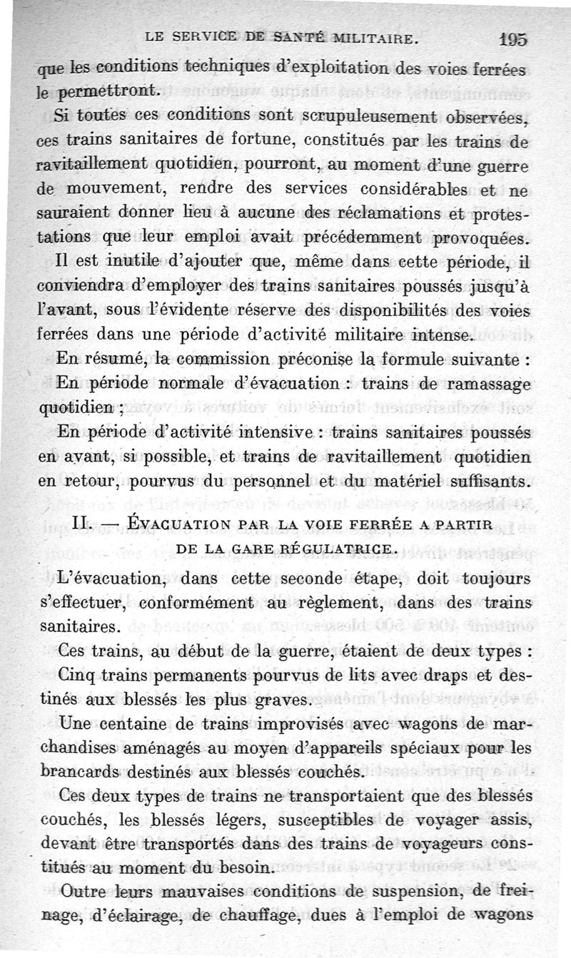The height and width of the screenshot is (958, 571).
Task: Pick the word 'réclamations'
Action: point(376,214)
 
